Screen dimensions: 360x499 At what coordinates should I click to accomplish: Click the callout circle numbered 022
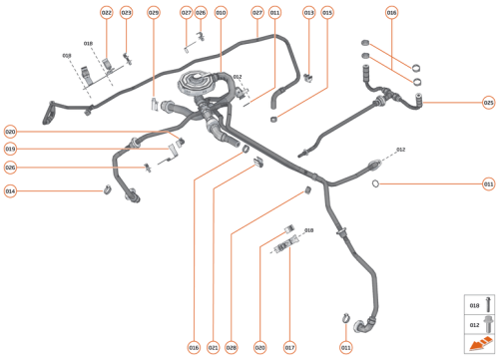(107, 13)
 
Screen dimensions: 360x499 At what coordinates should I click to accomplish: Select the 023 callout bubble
(126, 13)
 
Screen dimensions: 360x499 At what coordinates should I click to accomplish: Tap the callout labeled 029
(153, 13)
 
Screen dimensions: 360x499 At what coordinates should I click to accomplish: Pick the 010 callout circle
(221, 13)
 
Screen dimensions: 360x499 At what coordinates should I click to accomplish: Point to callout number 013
(308, 13)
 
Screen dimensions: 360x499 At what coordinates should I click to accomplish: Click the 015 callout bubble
(328, 13)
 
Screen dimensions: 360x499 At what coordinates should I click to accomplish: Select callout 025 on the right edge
(488, 102)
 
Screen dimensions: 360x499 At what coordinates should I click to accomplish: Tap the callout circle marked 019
(10, 149)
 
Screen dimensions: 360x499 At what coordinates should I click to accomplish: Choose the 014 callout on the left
(10, 190)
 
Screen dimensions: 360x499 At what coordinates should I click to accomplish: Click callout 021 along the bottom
(213, 347)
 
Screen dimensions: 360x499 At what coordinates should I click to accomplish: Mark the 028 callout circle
(232, 347)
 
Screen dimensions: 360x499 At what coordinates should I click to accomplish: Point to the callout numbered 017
(290, 347)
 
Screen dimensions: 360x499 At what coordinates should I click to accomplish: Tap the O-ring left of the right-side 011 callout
(375, 184)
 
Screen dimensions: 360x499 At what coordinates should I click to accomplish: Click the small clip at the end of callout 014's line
(105, 190)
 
